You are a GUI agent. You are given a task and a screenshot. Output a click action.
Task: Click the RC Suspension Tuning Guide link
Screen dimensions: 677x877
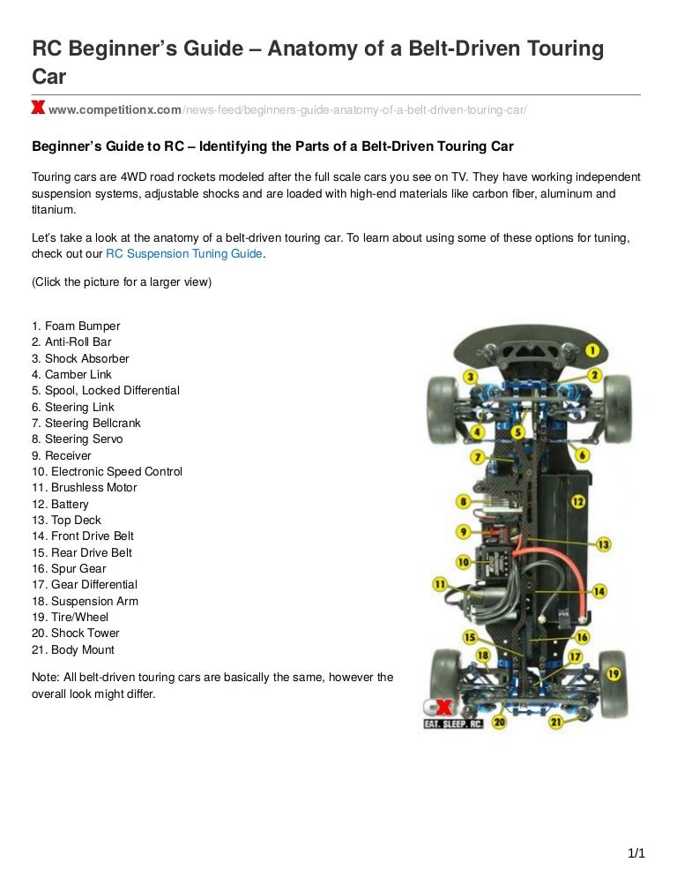(x=184, y=254)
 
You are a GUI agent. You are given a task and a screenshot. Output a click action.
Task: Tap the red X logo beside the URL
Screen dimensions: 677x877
(x=38, y=108)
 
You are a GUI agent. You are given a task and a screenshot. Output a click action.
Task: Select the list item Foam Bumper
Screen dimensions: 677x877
(x=76, y=326)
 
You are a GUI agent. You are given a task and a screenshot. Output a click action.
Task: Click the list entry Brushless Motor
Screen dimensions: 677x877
(x=85, y=488)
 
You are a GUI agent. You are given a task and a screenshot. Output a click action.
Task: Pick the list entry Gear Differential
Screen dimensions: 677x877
(x=85, y=584)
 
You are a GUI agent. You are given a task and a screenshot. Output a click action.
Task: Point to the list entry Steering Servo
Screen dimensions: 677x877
(x=78, y=439)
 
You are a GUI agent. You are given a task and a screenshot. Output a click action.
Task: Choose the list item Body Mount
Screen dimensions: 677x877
(x=73, y=650)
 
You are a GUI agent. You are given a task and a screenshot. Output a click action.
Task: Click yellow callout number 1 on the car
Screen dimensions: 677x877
(x=592, y=350)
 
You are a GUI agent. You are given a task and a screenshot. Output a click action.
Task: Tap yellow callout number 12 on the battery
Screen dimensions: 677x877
(x=577, y=502)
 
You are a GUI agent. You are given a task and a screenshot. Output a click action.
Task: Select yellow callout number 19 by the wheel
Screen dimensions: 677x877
(x=614, y=674)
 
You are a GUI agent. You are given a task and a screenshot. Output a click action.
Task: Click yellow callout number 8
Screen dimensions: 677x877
(x=463, y=502)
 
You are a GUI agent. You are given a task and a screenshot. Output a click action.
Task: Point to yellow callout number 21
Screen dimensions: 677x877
(x=555, y=722)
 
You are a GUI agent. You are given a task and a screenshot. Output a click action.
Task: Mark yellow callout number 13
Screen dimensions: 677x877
(x=604, y=544)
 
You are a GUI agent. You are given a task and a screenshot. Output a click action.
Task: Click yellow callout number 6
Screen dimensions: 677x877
(x=582, y=454)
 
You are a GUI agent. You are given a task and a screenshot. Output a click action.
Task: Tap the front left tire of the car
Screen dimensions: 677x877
(x=443, y=409)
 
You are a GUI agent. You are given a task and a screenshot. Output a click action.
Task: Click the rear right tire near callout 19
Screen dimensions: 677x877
(x=614, y=685)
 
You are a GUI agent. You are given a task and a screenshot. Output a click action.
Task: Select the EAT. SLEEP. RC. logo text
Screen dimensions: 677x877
(x=453, y=723)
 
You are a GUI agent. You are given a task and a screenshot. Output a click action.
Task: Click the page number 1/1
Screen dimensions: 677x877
(x=636, y=853)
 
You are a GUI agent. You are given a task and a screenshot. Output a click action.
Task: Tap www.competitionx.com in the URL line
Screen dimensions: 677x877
(x=115, y=110)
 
